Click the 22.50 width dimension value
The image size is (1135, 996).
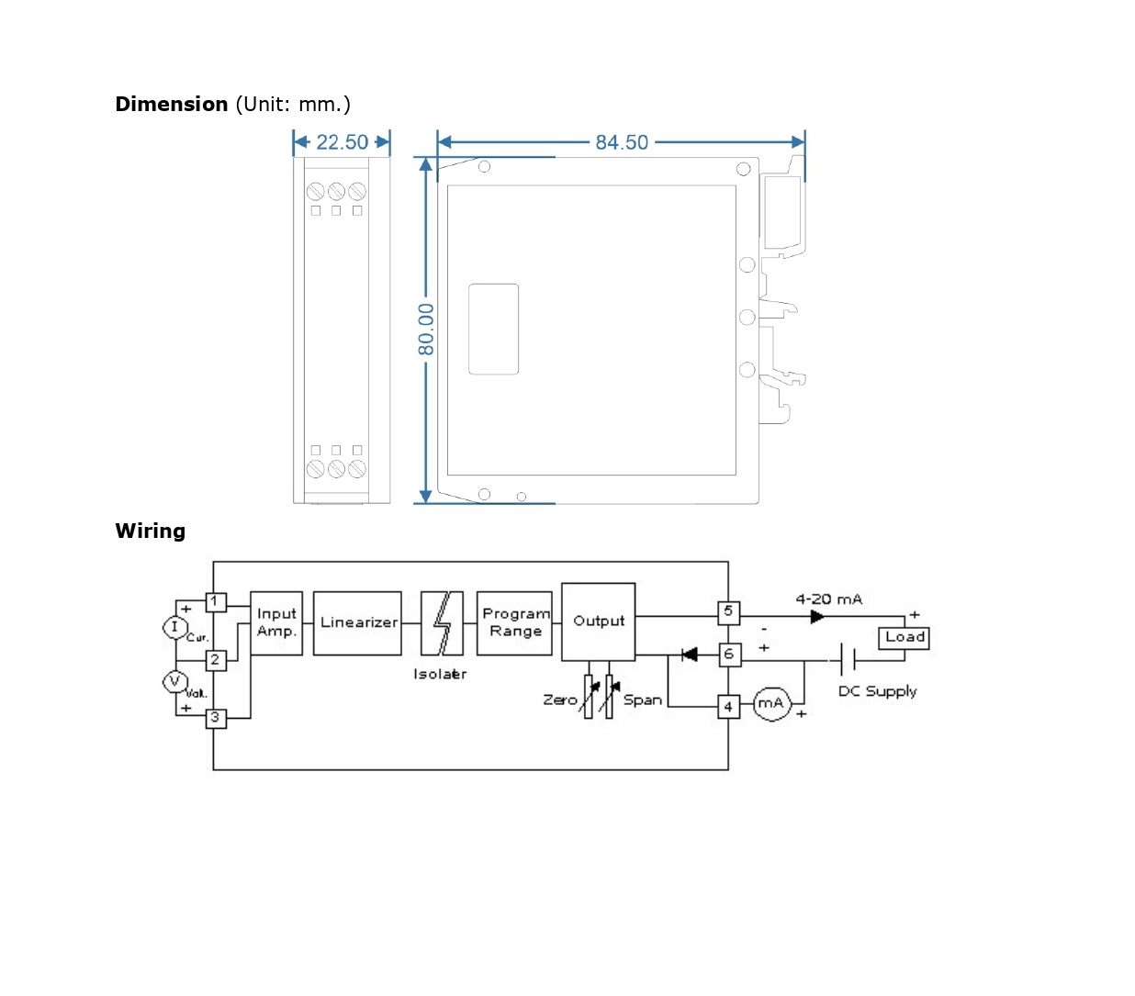point(342,142)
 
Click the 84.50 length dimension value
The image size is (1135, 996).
point(622,142)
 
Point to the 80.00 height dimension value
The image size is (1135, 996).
point(426,330)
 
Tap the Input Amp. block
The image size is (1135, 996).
point(276,622)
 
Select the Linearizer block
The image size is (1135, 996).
point(358,622)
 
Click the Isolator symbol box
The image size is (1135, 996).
point(442,622)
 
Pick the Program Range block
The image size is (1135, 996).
point(515,622)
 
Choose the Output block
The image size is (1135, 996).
point(599,621)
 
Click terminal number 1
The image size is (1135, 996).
point(215,602)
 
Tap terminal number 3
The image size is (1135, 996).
point(215,718)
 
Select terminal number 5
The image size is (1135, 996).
point(728,611)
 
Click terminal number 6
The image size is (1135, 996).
point(729,655)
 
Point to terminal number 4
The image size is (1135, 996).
point(728,707)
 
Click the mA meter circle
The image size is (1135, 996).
point(771,704)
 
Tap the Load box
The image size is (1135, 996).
point(905,637)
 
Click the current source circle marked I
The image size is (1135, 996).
point(174,627)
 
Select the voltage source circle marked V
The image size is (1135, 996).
point(174,681)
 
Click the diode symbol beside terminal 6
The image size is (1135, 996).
point(689,655)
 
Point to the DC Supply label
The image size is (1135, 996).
point(877,691)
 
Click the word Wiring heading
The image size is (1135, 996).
point(151,532)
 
